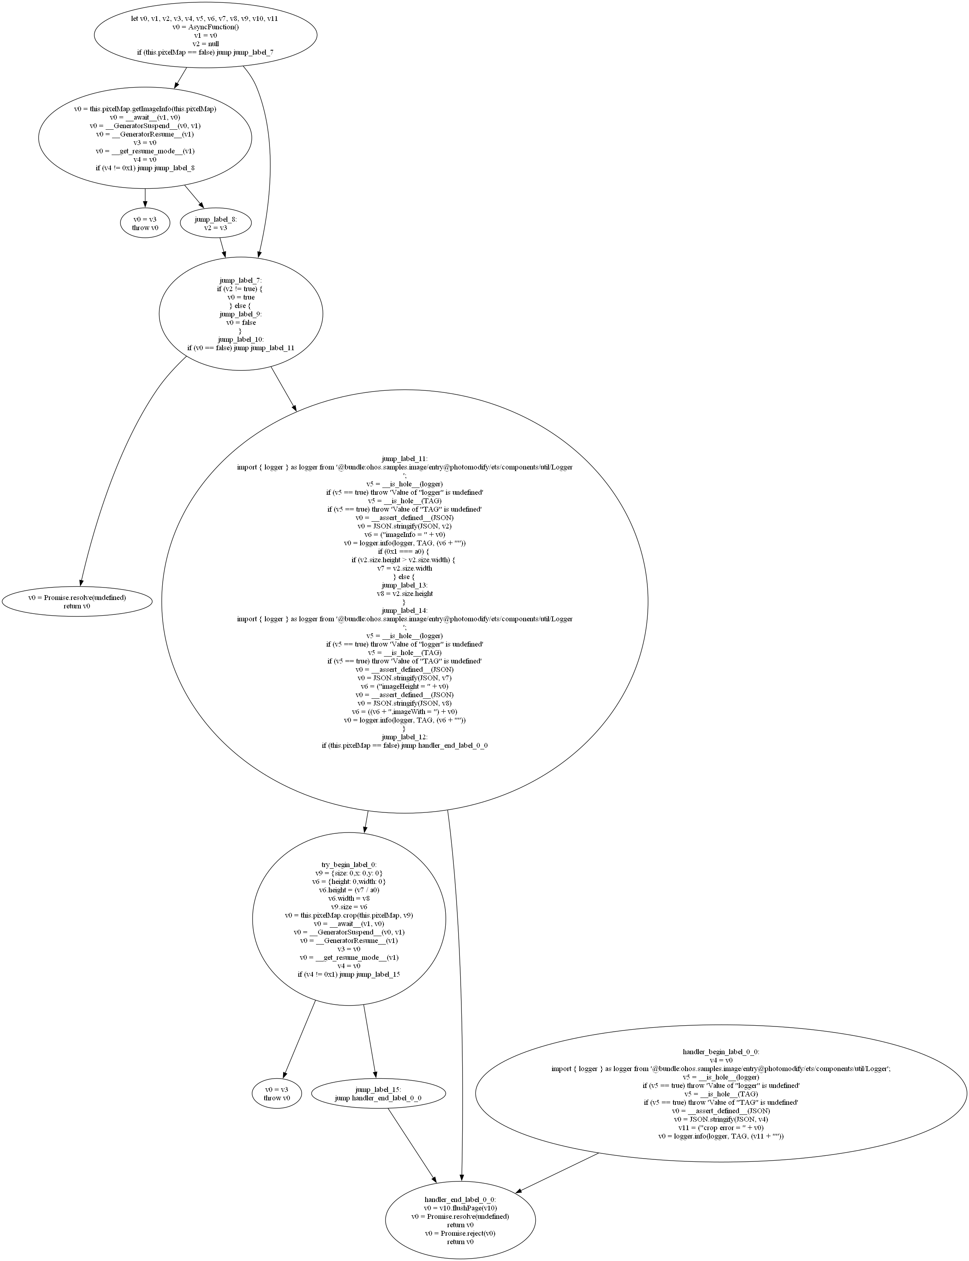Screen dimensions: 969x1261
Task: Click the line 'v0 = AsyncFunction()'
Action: pos(205,27)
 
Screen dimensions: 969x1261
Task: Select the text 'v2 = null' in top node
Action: pos(205,44)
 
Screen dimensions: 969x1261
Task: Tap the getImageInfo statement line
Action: pos(145,108)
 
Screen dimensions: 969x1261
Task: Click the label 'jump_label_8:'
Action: pos(215,219)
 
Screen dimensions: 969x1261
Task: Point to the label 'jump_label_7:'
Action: pos(241,280)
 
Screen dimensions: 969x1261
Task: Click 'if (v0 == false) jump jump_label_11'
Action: pos(241,348)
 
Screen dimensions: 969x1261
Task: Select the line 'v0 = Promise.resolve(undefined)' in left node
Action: pos(77,597)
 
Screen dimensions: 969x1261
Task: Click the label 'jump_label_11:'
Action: pos(404,459)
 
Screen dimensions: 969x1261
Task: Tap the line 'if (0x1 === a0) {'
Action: pos(404,551)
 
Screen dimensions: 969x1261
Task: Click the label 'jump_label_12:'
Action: pos(404,737)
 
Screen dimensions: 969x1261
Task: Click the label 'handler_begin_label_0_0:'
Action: pos(720,1052)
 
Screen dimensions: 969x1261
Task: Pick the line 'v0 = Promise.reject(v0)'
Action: pos(460,1233)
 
